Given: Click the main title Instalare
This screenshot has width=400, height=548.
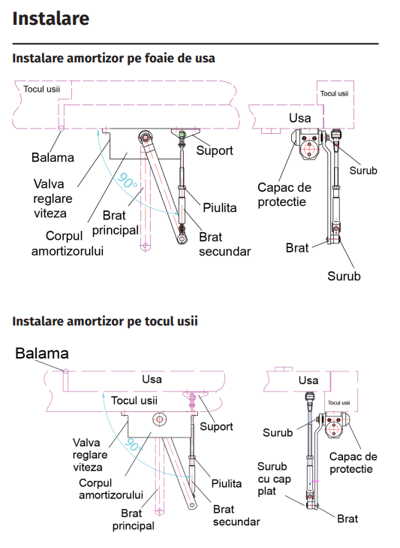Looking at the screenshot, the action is click(x=51, y=19).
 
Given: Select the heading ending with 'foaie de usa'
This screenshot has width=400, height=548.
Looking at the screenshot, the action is click(x=113, y=58).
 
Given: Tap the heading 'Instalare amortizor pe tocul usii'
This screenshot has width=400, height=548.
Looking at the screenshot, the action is click(x=105, y=321).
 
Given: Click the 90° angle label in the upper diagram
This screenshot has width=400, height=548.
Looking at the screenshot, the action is click(x=127, y=180).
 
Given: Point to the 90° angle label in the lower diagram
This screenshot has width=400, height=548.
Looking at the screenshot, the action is click(x=134, y=445).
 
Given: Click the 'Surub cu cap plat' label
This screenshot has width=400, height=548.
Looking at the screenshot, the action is click(x=275, y=479).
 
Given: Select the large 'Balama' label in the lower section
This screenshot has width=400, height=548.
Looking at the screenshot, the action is click(x=42, y=353).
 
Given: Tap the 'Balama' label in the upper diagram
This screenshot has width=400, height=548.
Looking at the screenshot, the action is click(x=53, y=158).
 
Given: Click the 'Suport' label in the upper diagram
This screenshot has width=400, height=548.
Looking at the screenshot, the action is click(x=215, y=150).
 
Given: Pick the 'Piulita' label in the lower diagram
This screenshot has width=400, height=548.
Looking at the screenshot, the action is click(x=227, y=483).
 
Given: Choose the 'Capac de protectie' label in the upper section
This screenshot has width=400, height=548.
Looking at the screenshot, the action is click(x=284, y=195).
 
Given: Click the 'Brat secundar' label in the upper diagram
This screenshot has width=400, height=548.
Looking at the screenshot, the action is click(x=225, y=244).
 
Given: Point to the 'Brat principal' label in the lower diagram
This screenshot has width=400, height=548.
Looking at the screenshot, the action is click(x=134, y=519).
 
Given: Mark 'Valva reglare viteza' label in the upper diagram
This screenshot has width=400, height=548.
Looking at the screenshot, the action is click(x=53, y=198).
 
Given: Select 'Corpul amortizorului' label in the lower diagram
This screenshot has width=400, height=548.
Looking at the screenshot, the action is click(x=111, y=489).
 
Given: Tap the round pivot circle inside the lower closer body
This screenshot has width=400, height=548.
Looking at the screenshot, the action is click(x=160, y=419).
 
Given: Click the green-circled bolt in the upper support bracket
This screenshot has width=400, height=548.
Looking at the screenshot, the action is click(x=182, y=135).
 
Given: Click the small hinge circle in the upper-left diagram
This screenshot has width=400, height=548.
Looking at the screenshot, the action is click(x=62, y=129).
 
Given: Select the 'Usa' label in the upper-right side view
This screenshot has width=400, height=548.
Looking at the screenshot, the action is click(x=300, y=118).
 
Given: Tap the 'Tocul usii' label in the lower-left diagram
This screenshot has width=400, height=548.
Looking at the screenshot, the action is click(x=134, y=401).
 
